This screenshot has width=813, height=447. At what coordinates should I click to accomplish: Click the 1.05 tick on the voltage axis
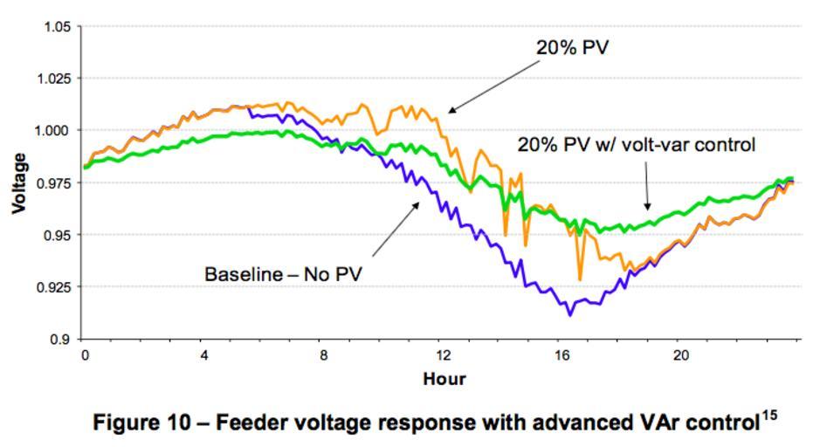[x=57, y=26]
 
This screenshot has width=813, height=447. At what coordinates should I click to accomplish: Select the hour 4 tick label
[x=203, y=355]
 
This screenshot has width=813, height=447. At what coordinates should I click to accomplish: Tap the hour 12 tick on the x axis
[x=444, y=355]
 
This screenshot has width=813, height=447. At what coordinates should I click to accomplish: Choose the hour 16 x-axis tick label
[x=562, y=355]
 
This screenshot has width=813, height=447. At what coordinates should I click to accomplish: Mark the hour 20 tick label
[x=682, y=355]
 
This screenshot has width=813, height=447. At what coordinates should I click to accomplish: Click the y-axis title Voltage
[x=18, y=182]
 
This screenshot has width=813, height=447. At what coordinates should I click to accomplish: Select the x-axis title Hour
[x=444, y=379]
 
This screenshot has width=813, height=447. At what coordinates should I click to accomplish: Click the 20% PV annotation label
[x=572, y=47]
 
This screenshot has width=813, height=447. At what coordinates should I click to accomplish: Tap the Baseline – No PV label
[x=283, y=274]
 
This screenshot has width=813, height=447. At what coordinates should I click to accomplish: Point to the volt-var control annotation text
[x=636, y=145]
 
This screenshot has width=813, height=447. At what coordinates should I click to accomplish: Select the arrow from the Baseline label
[x=396, y=229]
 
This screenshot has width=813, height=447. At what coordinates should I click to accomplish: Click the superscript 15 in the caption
[x=768, y=415]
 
